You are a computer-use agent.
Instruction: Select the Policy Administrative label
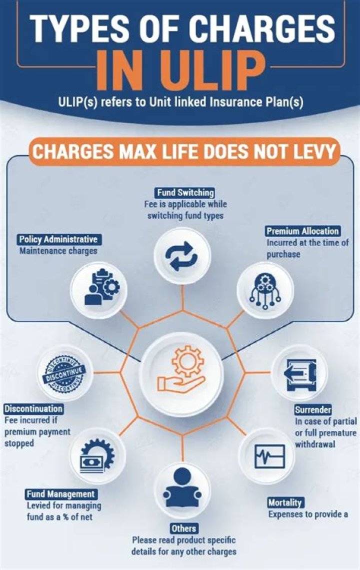58,239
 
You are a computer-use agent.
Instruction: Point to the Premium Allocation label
303,231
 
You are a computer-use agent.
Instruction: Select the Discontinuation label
33,409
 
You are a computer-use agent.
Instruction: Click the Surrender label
313,410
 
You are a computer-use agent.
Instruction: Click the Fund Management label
60,494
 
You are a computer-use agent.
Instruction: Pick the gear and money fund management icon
97,456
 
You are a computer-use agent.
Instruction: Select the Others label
183,528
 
